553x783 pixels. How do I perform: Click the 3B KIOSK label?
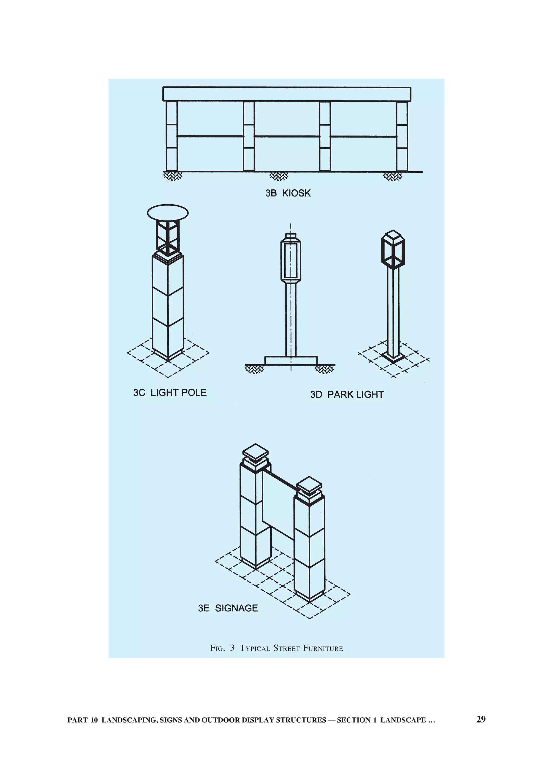tap(288, 193)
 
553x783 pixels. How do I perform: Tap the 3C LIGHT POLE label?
tap(170, 393)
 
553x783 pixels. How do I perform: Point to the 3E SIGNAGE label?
tap(228, 608)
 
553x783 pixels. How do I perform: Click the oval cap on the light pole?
tap(168, 212)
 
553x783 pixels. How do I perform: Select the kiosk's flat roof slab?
tap(286, 94)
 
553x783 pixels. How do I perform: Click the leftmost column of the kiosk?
tap(172, 136)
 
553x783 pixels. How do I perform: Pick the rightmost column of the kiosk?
tap(402, 136)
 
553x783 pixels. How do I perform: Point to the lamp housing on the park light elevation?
tap(291, 256)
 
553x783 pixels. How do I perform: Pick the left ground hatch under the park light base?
tap(254, 369)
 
